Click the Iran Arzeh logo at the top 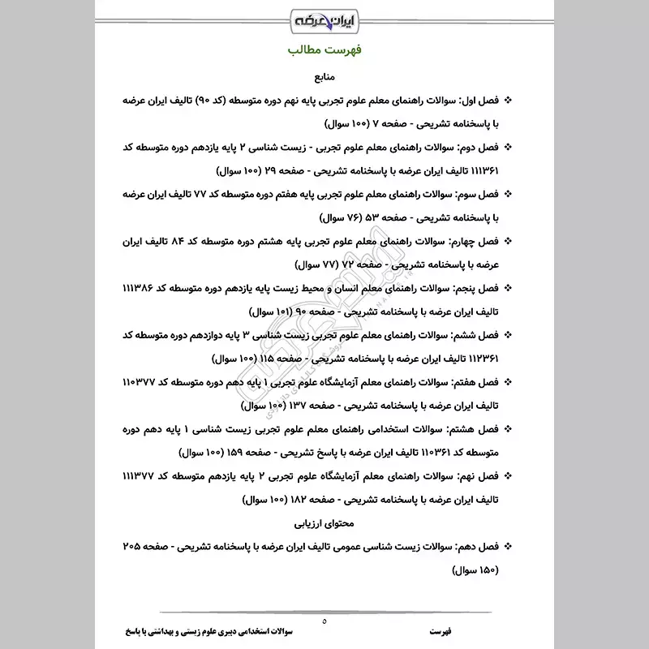pyautogui.click(x=324, y=17)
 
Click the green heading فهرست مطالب pyautogui.click(x=324, y=50)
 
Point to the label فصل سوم pyautogui.click(x=477, y=195)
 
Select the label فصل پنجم pyautogui.click(x=477, y=288)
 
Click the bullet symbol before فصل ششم pyautogui.click(x=509, y=335)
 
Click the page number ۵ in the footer pyautogui.click(x=324, y=621)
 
